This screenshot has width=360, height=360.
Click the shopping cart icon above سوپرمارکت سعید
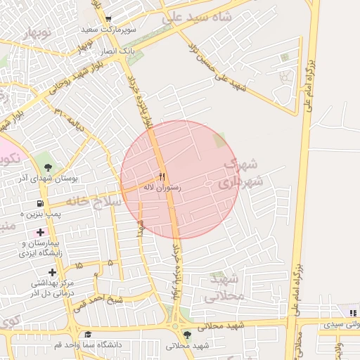tap(108, 20)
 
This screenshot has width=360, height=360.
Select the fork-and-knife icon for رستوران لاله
tap(162, 176)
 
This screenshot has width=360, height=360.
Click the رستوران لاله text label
tap(158, 188)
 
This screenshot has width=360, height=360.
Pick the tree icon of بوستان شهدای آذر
tap(48, 167)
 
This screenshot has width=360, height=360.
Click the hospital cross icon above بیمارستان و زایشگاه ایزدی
tap(40, 232)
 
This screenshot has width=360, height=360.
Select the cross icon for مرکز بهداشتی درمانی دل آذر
tap(52, 272)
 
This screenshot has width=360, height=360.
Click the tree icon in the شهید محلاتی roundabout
tap(186, 335)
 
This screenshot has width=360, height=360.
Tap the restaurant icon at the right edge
tap(352, 313)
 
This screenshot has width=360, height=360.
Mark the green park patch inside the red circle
tap(221, 139)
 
